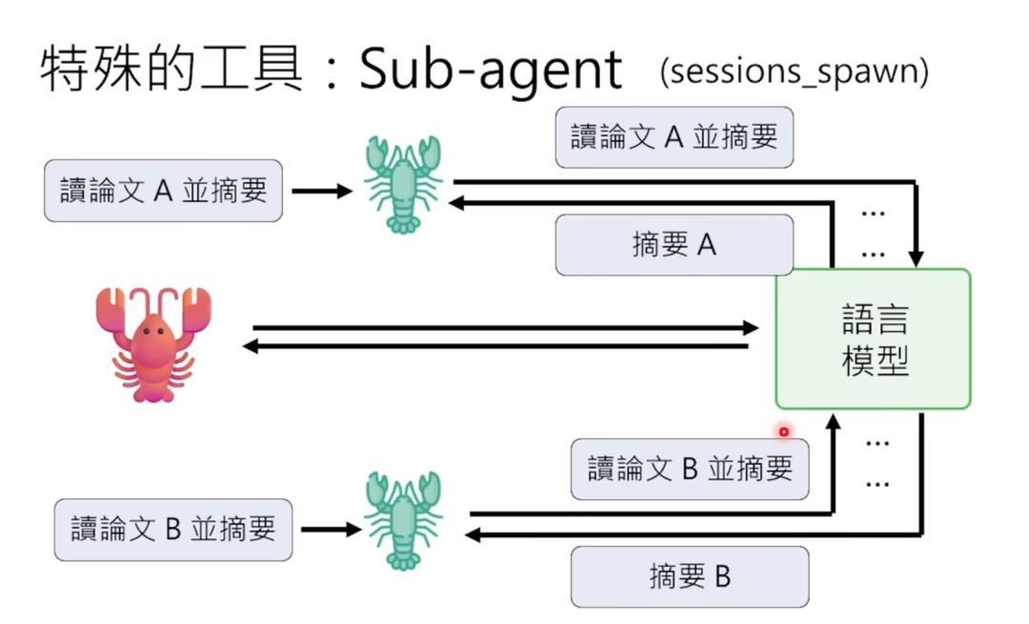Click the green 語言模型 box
click(x=873, y=339)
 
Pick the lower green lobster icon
click(x=402, y=519)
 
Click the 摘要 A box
click(x=674, y=246)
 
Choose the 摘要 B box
click(x=689, y=576)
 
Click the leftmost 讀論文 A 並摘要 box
click(x=163, y=191)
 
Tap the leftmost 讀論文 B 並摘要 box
click(x=172, y=529)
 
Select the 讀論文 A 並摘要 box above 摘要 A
click(x=674, y=137)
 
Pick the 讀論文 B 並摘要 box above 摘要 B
click(x=689, y=469)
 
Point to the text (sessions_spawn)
click(x=794, y=72)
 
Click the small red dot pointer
click(x=784, y=432)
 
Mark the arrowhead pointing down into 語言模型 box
click(x=917, y=257)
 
